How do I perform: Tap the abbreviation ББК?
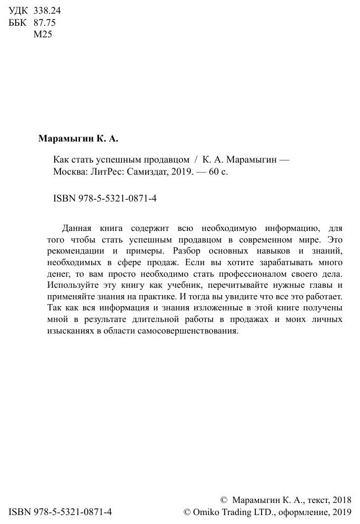[x=19, y=23]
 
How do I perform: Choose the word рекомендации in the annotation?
[x=75, y=252]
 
